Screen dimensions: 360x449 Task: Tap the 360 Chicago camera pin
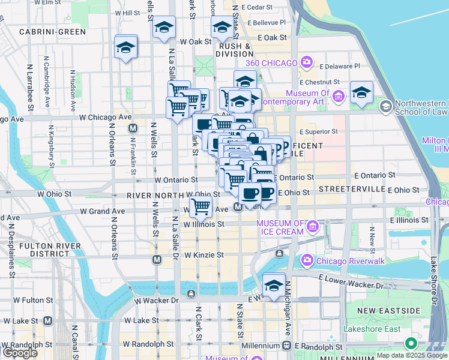307,62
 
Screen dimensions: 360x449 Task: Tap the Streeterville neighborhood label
351,188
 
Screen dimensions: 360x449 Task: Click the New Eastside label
388,310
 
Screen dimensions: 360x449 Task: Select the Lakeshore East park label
372,329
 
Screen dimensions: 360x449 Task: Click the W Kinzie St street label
204,255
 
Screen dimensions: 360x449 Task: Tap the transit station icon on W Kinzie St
157,259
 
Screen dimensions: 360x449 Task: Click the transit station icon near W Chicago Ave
133,128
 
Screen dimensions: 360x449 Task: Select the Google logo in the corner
20,352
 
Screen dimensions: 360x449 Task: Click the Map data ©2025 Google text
412,355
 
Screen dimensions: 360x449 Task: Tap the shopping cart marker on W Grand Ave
202,206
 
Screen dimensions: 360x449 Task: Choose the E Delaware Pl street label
339,66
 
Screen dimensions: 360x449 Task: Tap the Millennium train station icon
287,346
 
